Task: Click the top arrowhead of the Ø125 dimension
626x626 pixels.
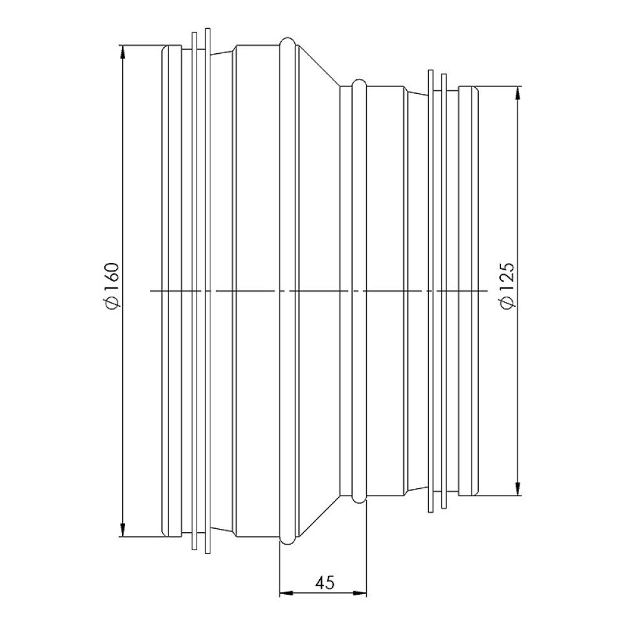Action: (x=517, y=92)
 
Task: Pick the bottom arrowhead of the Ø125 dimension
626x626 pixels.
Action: (x=517, y=490)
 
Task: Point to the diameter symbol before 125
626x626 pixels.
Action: (x=508, y=302)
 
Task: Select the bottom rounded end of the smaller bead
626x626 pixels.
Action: (x=359, y=500)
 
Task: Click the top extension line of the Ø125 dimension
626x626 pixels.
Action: (x=501, y=86)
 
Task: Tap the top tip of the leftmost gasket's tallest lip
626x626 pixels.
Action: (x=207, y=29)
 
